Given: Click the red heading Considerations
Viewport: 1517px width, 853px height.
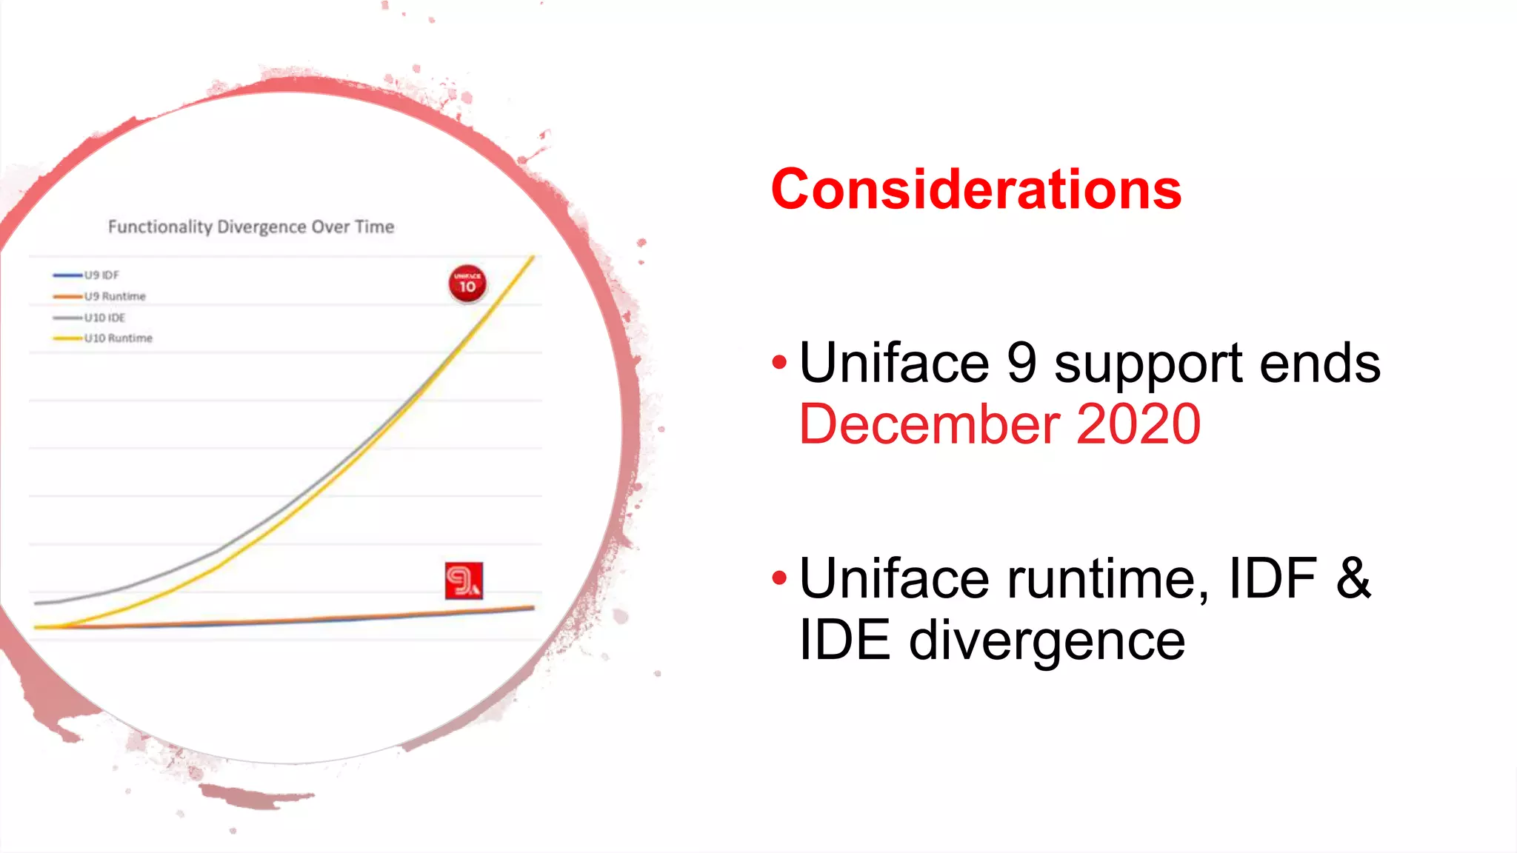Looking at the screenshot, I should pyautogui.click(x=976, y=190).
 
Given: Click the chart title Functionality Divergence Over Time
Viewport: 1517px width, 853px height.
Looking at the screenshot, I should pyautogui.click(x=251, y=227).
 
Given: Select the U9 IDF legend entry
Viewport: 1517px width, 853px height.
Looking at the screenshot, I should pyautogui.click(x=101, y=275).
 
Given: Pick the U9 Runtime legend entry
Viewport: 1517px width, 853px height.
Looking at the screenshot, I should pyautogui.click(x=114, y=296).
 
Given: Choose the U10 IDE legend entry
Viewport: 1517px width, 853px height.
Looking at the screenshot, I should pyautogui.click(x=104, y=318).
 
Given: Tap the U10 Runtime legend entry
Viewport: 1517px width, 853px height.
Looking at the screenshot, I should pyautogui.click(x=118, y=338).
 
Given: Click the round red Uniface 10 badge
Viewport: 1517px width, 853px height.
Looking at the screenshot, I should pyautogui.click(x=467, y=284).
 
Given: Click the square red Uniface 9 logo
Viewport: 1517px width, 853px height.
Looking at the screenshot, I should pyautogui.click(x=464, y=581).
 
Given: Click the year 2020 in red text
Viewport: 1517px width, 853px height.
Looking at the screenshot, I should pyautogui.click(x=1138, y=424).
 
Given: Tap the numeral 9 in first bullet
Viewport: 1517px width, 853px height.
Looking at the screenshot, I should pyautogui.click(x=1021, y=363).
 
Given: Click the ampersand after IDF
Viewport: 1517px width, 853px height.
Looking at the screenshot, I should pyautogui.click(x=1353, y=578).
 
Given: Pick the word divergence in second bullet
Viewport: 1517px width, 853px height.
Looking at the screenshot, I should pyautogui.click(x=1046, y=641).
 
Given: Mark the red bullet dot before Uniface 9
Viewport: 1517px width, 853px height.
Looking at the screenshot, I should pyautogui.click(x=778, y=362).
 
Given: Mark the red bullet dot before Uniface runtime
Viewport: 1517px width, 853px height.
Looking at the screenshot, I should pyautogui.click(x=778, y=578).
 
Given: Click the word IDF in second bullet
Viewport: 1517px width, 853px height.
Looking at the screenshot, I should pyautogui.click(x=1272, y=578).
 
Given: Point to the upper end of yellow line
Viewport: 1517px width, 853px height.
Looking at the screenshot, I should pyautogui.click(x=533, y=258).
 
